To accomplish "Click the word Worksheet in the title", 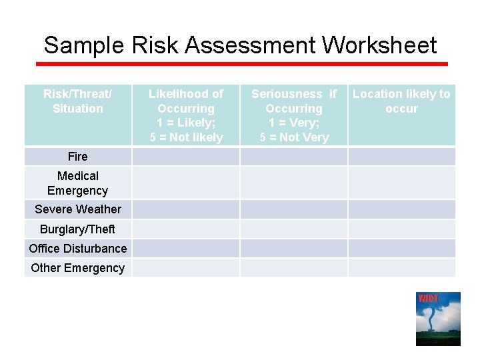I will (379, 45).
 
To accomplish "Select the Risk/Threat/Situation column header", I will (78, 101).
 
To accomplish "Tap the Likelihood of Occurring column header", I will (186, 115).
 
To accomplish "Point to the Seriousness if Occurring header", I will (294, 115).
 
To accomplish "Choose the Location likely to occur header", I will (401, 101).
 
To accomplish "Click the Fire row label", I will (78, 157).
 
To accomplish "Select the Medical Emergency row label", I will (78, 183).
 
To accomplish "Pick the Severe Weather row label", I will (78, 209).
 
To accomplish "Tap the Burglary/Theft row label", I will (78, 229).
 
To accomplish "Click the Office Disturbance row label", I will (78, 249).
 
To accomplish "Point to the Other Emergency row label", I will (78, 268).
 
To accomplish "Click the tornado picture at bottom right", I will (438, 319).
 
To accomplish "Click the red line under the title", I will (241, 64).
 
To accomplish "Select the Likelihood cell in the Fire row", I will (186, 157).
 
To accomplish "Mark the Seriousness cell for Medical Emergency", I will (294, 183).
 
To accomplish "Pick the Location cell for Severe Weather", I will (401, 209).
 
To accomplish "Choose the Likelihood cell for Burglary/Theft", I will (186, 229).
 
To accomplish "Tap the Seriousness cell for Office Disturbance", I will (294, 249).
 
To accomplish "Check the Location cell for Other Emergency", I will (401, 268).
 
